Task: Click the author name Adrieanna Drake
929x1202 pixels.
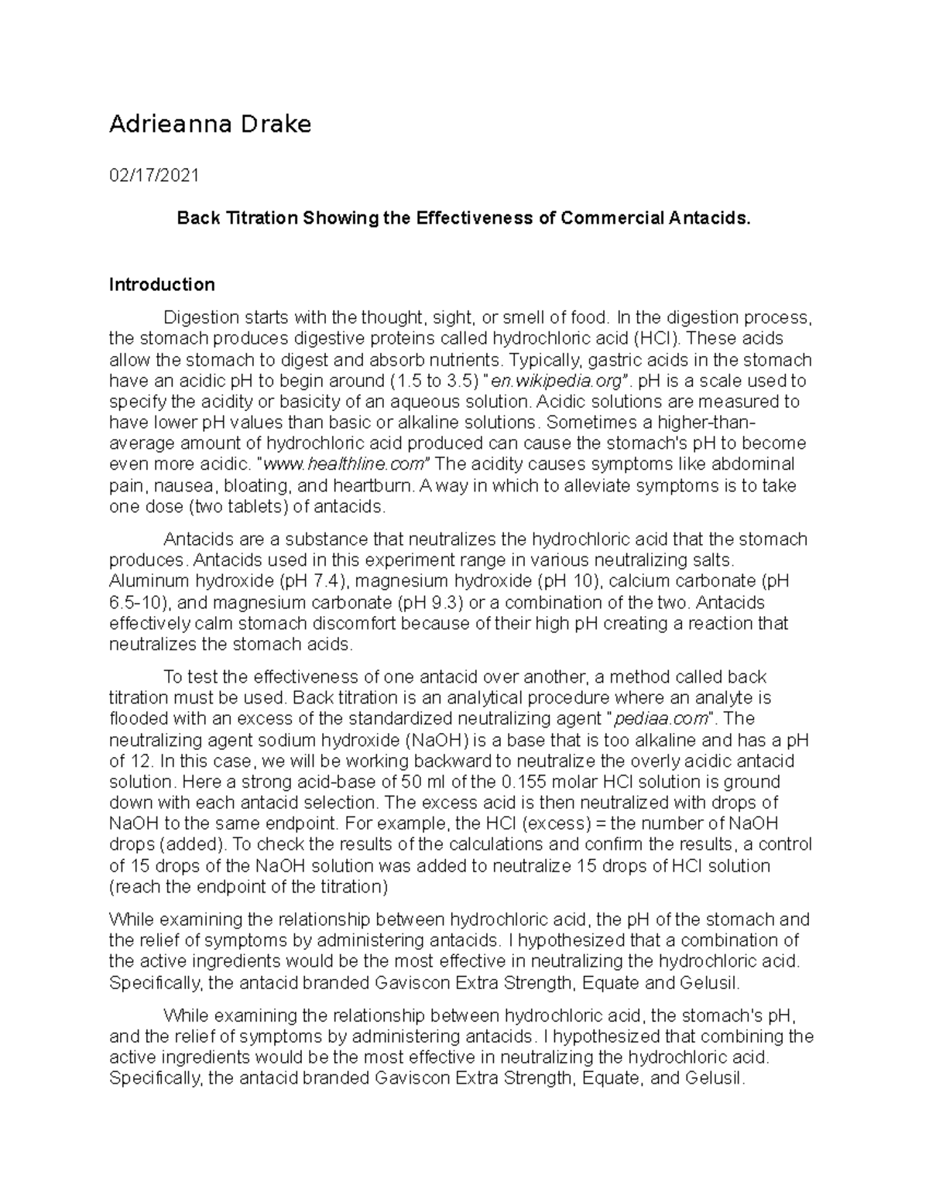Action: pyautogui.click(x=210, y=124)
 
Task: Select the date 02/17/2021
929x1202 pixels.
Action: pyautogui.click(x=154, y=176)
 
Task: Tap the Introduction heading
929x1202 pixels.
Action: pyautogui.click(x=162, y=285)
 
